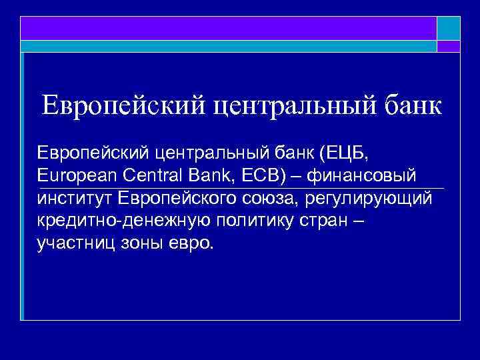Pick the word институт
(75, 198)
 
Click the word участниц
(73, 242)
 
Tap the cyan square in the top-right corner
(449, 28)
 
